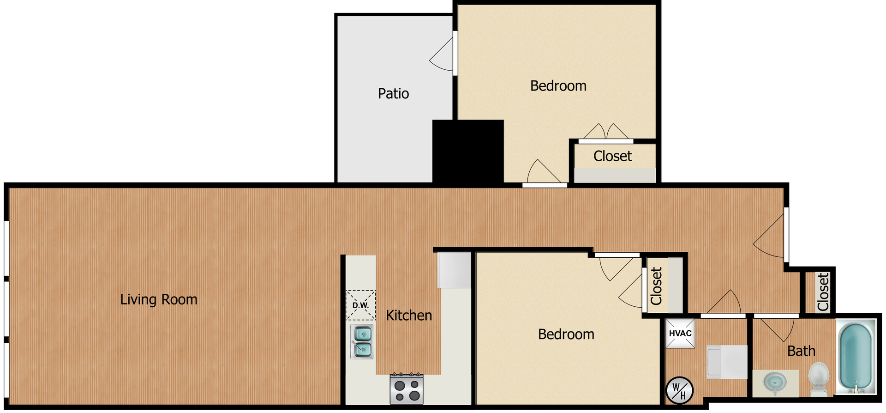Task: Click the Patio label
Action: click(393, 94)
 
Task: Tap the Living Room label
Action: click(159, 300)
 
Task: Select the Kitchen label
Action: click(409, 316)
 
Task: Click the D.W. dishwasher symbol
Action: click(360, 305)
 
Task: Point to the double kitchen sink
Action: click(363, 342)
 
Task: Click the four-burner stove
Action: click(407, 389)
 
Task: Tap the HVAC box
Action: click(680, 334)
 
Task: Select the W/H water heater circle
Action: click(679, 390)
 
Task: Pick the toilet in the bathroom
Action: click(819, 379)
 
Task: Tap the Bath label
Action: click(801, 352)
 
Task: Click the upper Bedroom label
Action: click(558, 86)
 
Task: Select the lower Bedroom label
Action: click(566, 334)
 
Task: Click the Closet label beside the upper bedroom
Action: click(612, 156)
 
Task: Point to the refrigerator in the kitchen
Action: click(455, 270)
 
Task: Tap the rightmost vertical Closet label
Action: click(823, 292)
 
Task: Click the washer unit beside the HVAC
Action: click(727, 362)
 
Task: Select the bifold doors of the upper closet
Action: click(605, 133)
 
